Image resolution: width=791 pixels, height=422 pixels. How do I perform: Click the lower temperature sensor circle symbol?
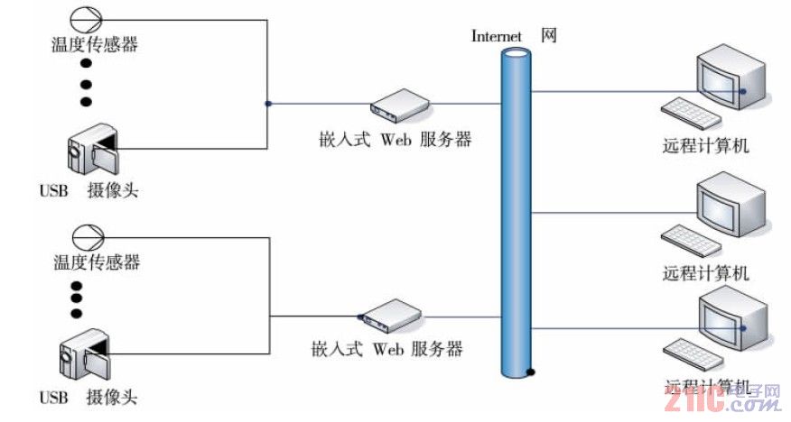point(88,237)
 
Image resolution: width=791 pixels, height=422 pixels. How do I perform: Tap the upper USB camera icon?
point(92,151)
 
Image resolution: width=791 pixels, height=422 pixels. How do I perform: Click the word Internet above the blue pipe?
point(498,36)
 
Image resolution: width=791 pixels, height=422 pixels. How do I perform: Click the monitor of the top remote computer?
point(732,81)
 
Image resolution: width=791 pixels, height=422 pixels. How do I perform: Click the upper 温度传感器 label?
point(97,43)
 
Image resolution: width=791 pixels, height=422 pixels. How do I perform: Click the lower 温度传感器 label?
point(97,262)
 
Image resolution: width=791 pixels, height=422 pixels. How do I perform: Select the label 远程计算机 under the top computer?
point(706,144)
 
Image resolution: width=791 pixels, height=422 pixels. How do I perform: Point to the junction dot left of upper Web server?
point(267,104)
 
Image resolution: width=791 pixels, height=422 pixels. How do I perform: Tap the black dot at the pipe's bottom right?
point(532,371)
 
